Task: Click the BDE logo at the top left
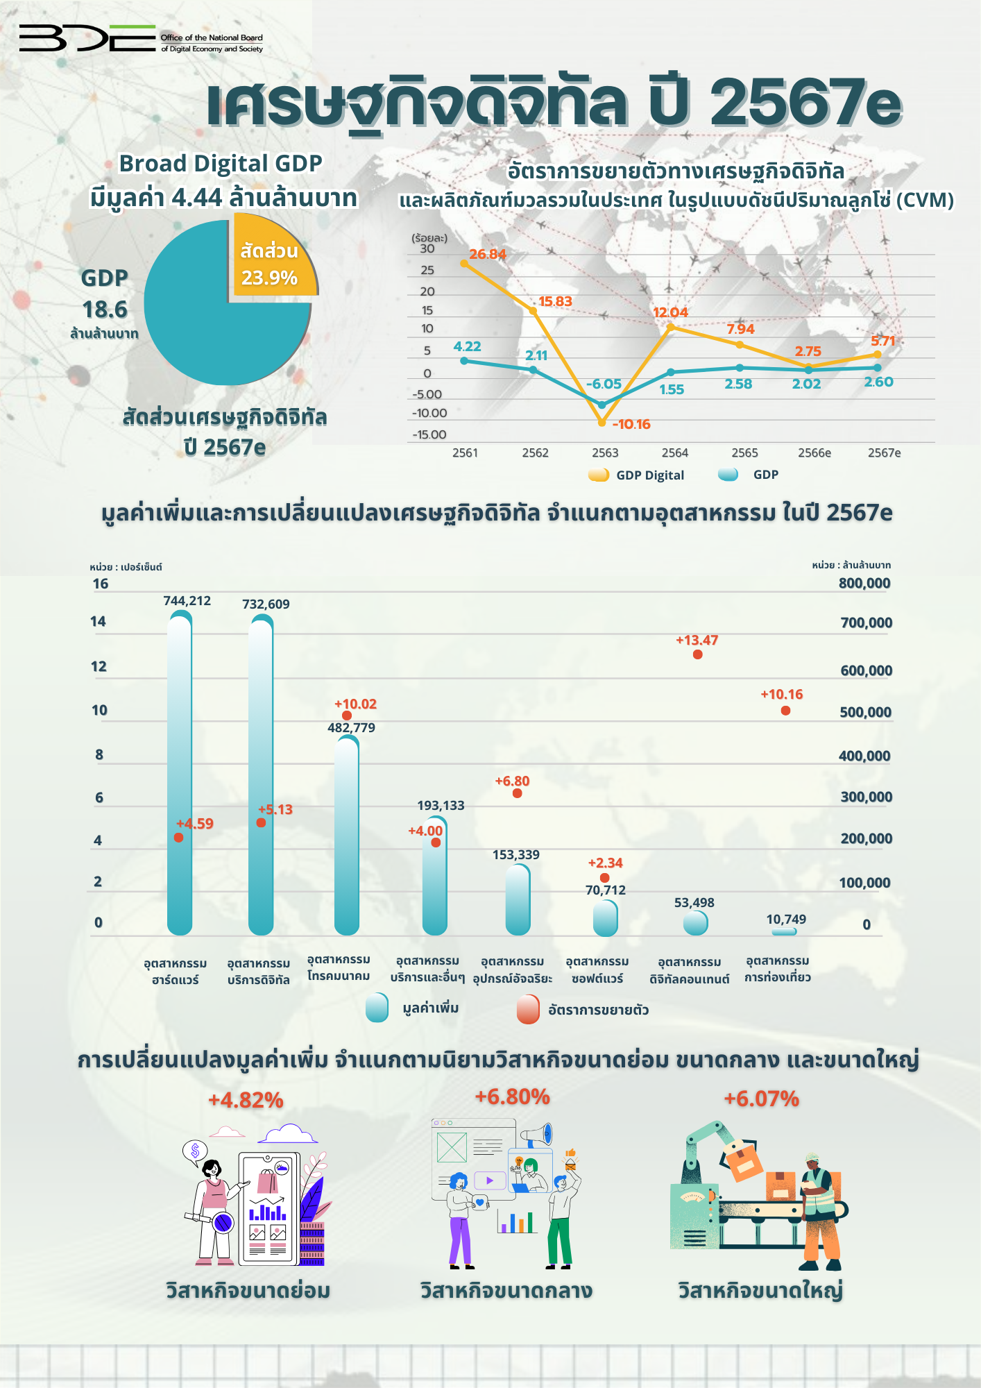[87, 38]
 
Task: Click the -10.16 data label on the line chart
[631, 424]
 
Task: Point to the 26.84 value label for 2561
[487, 254]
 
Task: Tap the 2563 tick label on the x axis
[604, 452]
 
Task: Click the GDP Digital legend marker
[598, 475]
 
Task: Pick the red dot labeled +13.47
[698, 654]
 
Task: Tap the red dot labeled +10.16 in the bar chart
[785, 711]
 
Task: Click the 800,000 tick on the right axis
[864, 583]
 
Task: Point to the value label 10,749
[786, 920]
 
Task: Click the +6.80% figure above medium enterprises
[512, 1097]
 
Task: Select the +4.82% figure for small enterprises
[246, 1100]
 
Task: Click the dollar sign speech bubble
[195, 1151]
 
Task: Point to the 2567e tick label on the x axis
[884, 452]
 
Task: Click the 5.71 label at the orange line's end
[882, 341]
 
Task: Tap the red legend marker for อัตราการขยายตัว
[528, 1009]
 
